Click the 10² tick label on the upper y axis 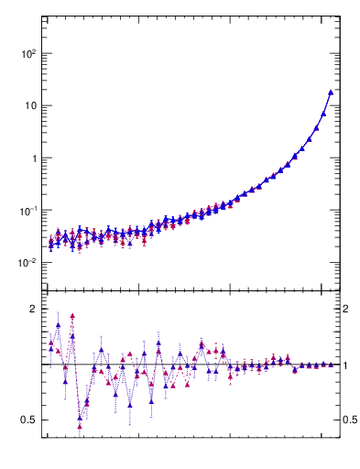coord(27,53)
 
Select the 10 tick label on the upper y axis coord(29,105)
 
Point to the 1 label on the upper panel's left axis coord(32,158)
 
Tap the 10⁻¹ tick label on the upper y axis coord(27,211)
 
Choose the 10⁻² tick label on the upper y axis coord(27,263)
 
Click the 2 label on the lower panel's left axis coord(32,309)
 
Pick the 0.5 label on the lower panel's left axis coord(27,420)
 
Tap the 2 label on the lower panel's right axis coord(346,309)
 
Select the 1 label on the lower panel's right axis coord(346,365)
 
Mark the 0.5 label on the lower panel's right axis coord(350,420)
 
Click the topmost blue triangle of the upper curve coord(331,93)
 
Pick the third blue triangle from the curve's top coord(317,128)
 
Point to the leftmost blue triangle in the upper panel coord(51,245)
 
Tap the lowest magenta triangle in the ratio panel coord(80,424)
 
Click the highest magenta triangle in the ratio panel coord(72,316)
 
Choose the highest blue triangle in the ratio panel coord(59,324)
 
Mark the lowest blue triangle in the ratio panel coord(80,417)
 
